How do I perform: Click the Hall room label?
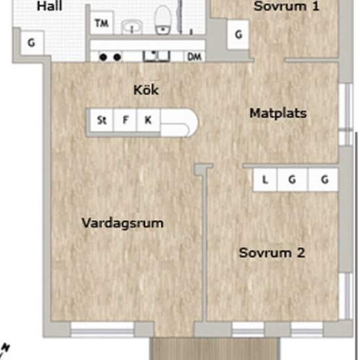pos(50,6)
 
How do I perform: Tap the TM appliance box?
pos(101,23)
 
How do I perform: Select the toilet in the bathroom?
pos(162,20)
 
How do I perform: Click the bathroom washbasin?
pos(132,26)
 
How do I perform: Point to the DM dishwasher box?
pos(194,57)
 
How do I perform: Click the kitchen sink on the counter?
pos(156,56)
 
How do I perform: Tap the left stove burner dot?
pos(103,57)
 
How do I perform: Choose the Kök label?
pos(146,90)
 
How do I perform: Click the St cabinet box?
pos(101,120)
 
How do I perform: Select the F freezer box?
pos(125,120)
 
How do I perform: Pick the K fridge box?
pos(149,120)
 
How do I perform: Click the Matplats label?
pos(278,113)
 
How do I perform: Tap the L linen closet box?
pos(265,179)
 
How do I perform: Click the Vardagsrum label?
pos(122,223)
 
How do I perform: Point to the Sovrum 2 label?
pos(272,253)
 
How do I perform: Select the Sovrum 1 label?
pos(286,6)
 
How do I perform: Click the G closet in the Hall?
pos(31,43)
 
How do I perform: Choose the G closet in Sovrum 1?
pos(238,35)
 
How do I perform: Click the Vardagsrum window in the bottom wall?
pos(102,330)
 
